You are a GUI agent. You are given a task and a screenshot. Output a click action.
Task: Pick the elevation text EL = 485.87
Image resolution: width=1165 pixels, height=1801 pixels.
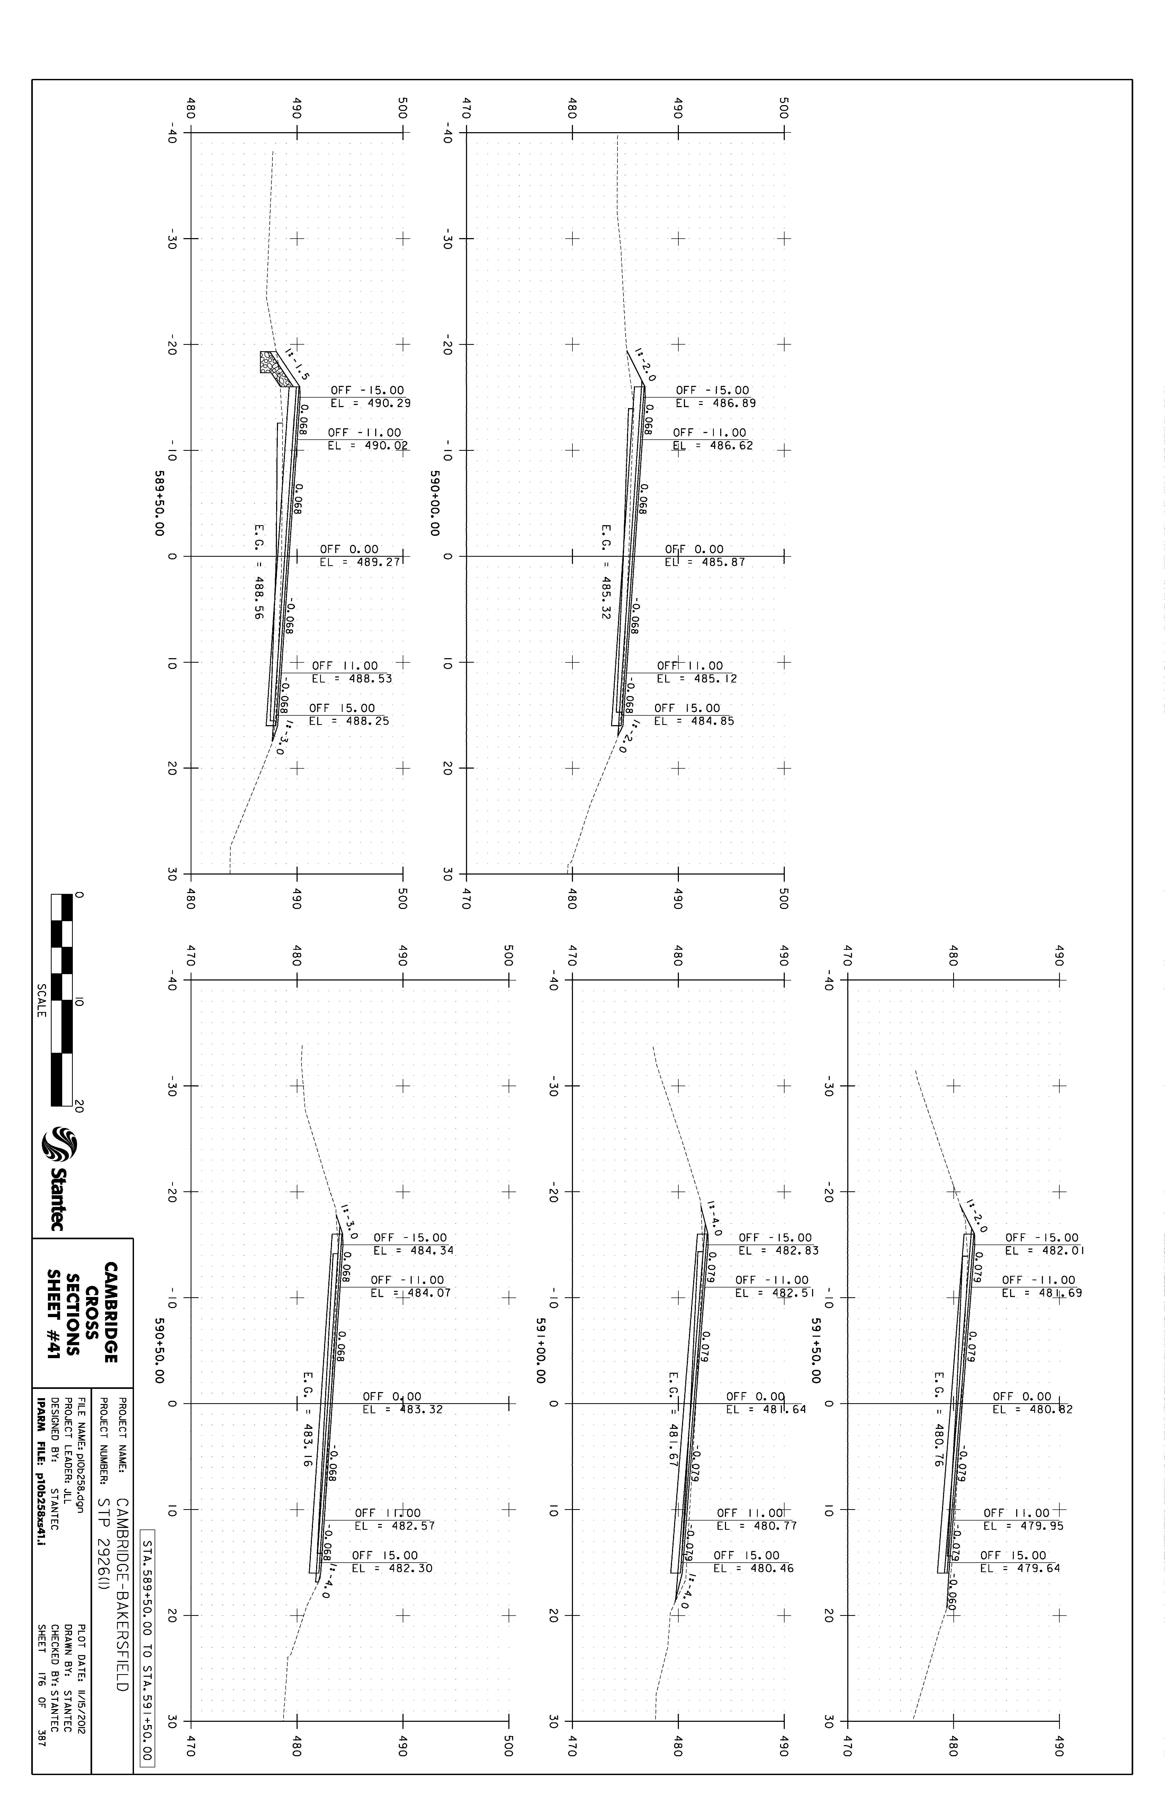click(x=705, y=562)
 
